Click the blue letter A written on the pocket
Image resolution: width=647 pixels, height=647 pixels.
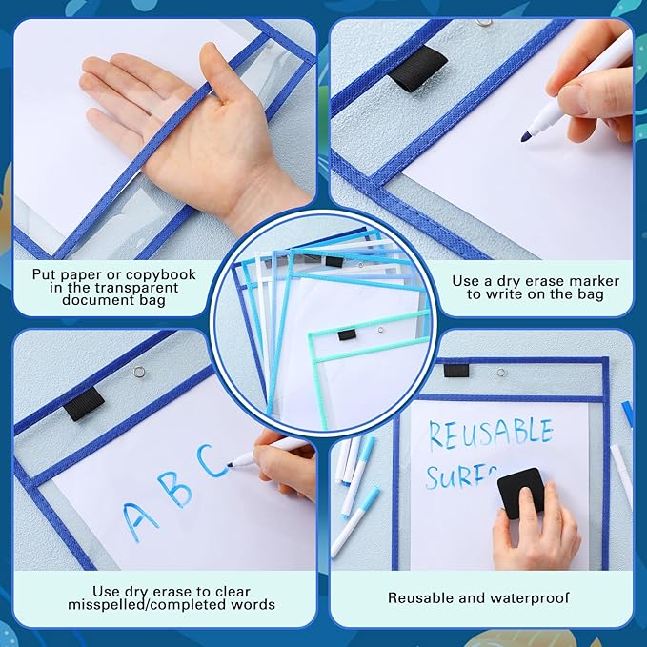[x=140, y=520]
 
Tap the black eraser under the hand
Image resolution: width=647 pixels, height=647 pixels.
[x=521, y=492]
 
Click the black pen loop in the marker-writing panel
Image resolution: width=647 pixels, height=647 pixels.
[x=419, y=68]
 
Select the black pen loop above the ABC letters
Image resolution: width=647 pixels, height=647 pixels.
[x=85, y=403]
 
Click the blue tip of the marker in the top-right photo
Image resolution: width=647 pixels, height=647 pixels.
[x=526, y=137]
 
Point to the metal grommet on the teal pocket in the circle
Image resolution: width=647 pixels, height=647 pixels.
[x=380, y=330]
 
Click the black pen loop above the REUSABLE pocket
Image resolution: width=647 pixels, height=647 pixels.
[x=456, y=370]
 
